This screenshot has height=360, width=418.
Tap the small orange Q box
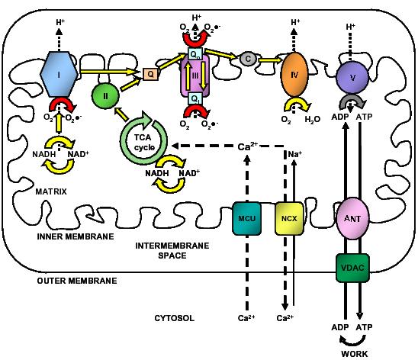coord(150,75)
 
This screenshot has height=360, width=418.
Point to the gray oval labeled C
coord(246,58)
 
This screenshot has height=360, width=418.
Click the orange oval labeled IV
coord(294,77)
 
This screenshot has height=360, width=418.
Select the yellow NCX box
coord(288,217)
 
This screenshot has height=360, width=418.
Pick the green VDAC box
coord(352,267)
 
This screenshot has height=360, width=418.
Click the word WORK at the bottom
coord(353,352)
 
